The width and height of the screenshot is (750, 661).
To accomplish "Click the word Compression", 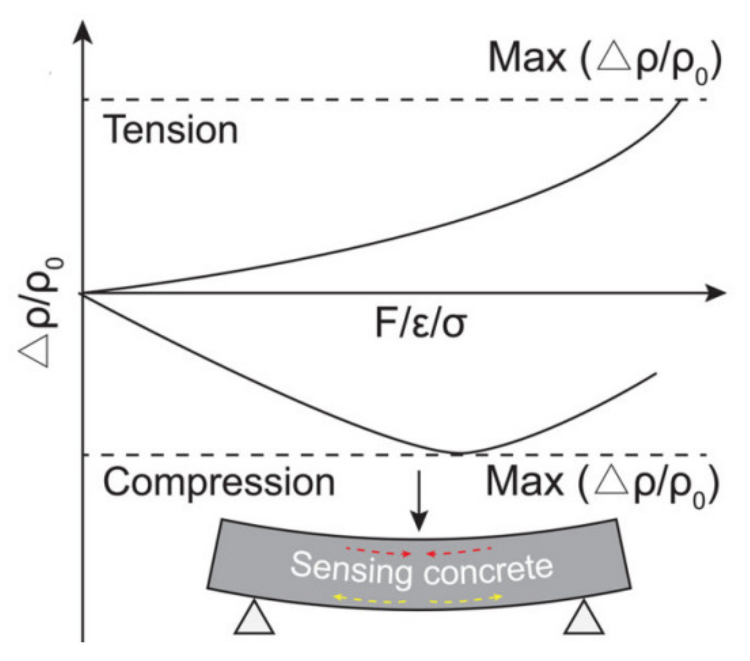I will pyautogui.click(x=219, y=482).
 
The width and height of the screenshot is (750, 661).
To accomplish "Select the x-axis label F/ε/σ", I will pyautogui.click(x=421, y=325).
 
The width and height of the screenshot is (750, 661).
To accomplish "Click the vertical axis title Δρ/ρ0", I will pyautogui.click(x=40, y=313).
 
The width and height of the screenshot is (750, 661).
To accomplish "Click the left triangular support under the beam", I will pyautogui.click(x=254, y=619).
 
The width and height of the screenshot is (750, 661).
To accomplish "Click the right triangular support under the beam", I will pyautogui.click(x=584, y=619).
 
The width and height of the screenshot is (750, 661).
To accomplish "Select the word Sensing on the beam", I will pyautogui.click(x=351, y=568).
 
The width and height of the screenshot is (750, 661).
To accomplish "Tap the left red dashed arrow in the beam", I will pyautogui.click(x=378, y=551).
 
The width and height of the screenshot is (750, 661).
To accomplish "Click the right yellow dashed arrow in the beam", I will pyautogui.click(x=466, y=599).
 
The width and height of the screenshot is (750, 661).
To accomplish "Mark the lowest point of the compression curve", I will pyautogui.click(x=459, y=453).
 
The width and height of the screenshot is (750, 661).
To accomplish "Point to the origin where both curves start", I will pyautogui.click(x=83, y=293).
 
